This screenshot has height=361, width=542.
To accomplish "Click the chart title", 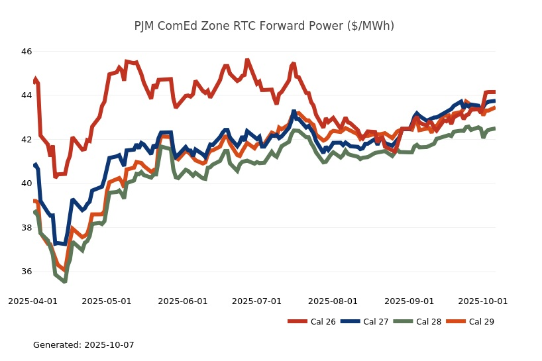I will [264, 26].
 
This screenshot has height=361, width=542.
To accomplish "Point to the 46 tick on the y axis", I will [27, 52].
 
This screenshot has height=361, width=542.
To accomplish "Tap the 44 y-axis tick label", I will [27, 95].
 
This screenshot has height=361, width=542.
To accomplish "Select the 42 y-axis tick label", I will [27, 140].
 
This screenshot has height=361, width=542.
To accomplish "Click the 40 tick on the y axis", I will [27, 183].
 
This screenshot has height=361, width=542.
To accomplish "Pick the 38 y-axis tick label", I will [27, 228].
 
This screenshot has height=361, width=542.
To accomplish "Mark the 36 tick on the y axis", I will [27, 272].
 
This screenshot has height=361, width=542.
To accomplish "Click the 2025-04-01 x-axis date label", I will [32, 301].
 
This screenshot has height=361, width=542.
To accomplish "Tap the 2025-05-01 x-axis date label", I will [107, 301].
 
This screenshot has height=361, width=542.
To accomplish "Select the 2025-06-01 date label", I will [183, 301].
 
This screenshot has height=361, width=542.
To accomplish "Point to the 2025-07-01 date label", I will [256, 301].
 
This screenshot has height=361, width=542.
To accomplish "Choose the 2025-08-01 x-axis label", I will [333, 301].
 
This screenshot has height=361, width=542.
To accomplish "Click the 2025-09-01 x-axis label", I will [409, 301].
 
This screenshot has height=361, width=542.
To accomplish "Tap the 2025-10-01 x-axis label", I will [483, 301].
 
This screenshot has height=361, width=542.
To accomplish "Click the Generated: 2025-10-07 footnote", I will [83, 345].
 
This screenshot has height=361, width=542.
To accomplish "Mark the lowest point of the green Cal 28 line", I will [64, 282].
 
